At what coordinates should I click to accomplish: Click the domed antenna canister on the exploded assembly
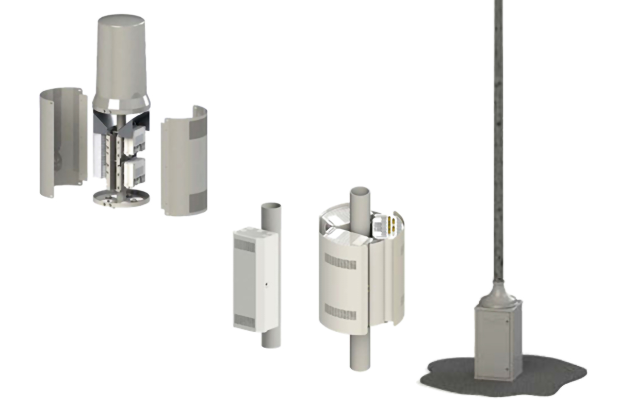coord(123,62)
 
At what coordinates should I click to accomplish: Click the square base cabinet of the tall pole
coord(496,342)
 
